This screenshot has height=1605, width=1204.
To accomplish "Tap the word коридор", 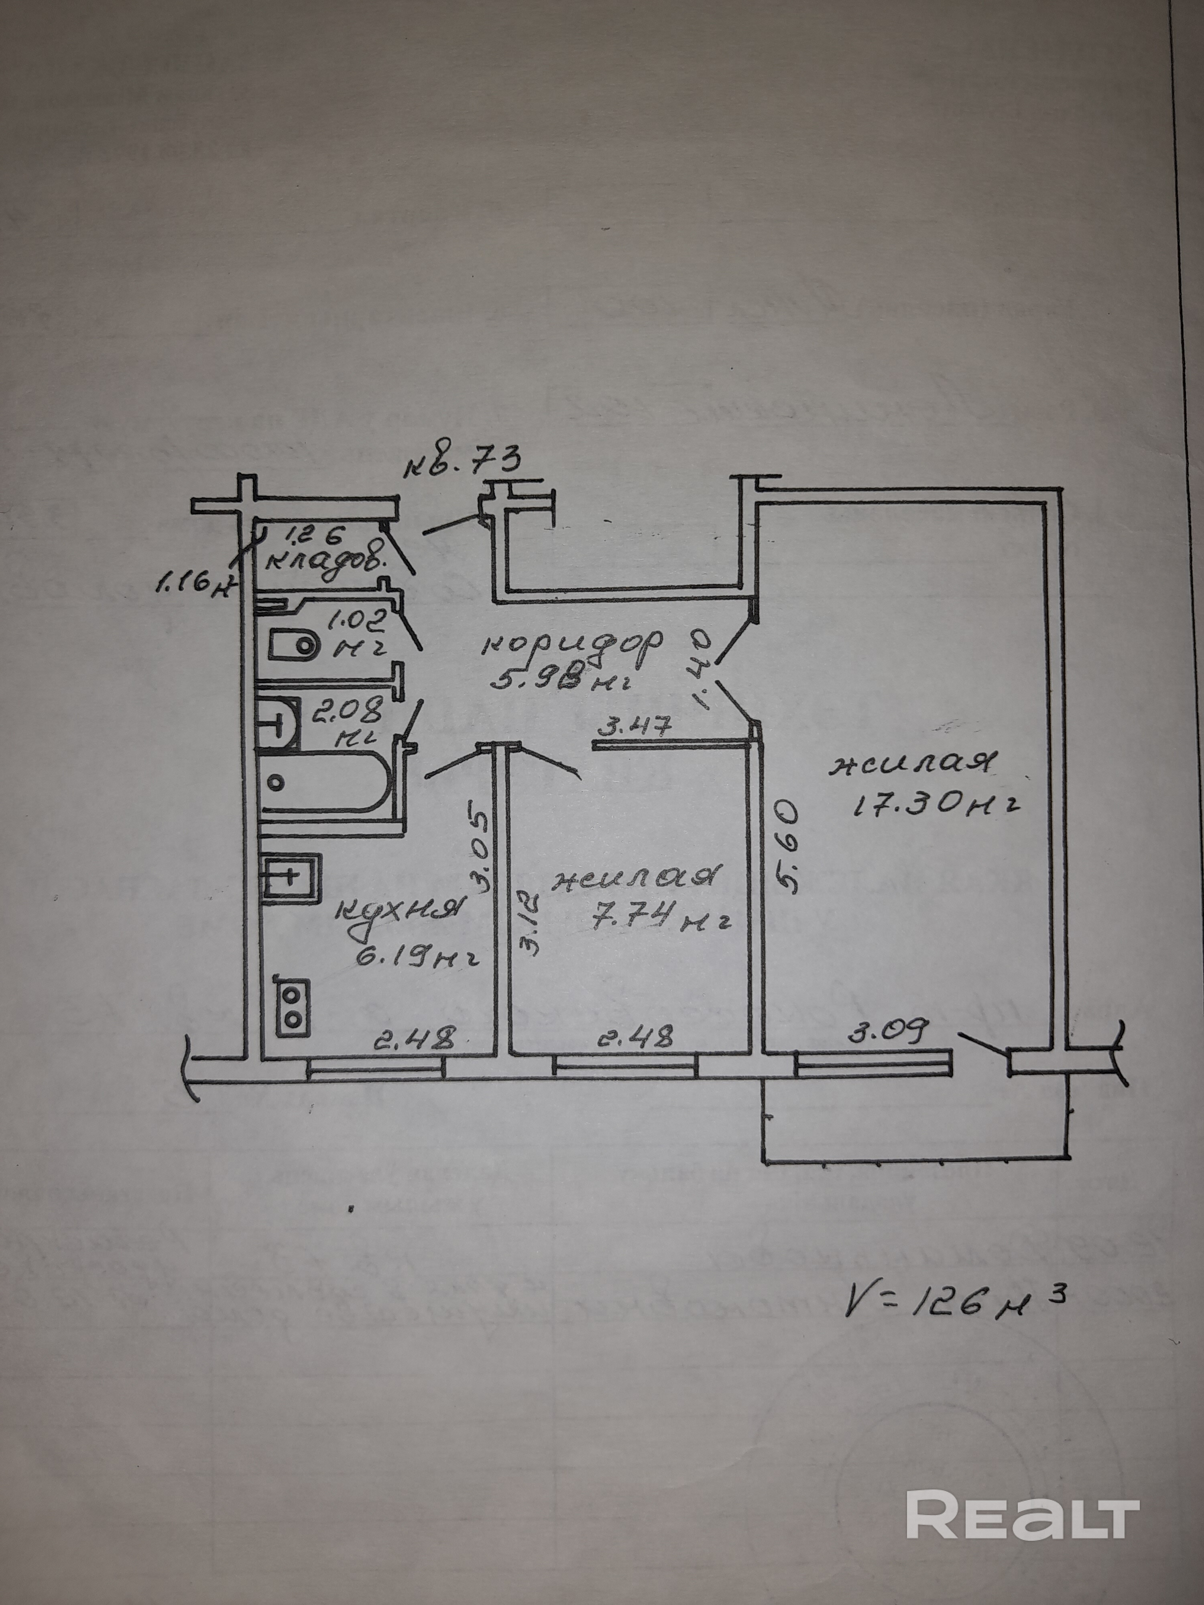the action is (574, 644).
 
